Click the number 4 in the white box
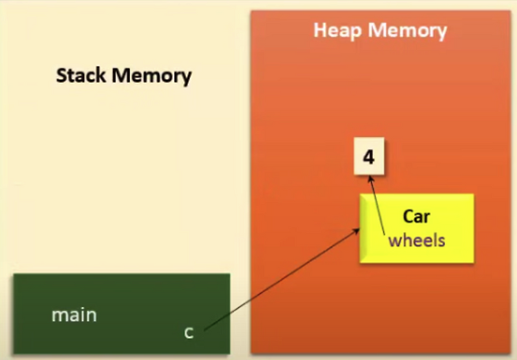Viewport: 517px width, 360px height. click(368, 157)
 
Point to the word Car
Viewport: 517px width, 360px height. click(416, 217)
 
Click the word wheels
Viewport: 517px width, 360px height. click(416, 240)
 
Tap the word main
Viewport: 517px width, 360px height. click(74, 315)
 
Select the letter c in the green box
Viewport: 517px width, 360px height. click(189, 332)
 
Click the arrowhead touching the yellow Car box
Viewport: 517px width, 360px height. click(357, 231)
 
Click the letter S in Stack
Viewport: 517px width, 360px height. click(61, 76)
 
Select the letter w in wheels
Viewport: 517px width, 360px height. click(394, 241)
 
